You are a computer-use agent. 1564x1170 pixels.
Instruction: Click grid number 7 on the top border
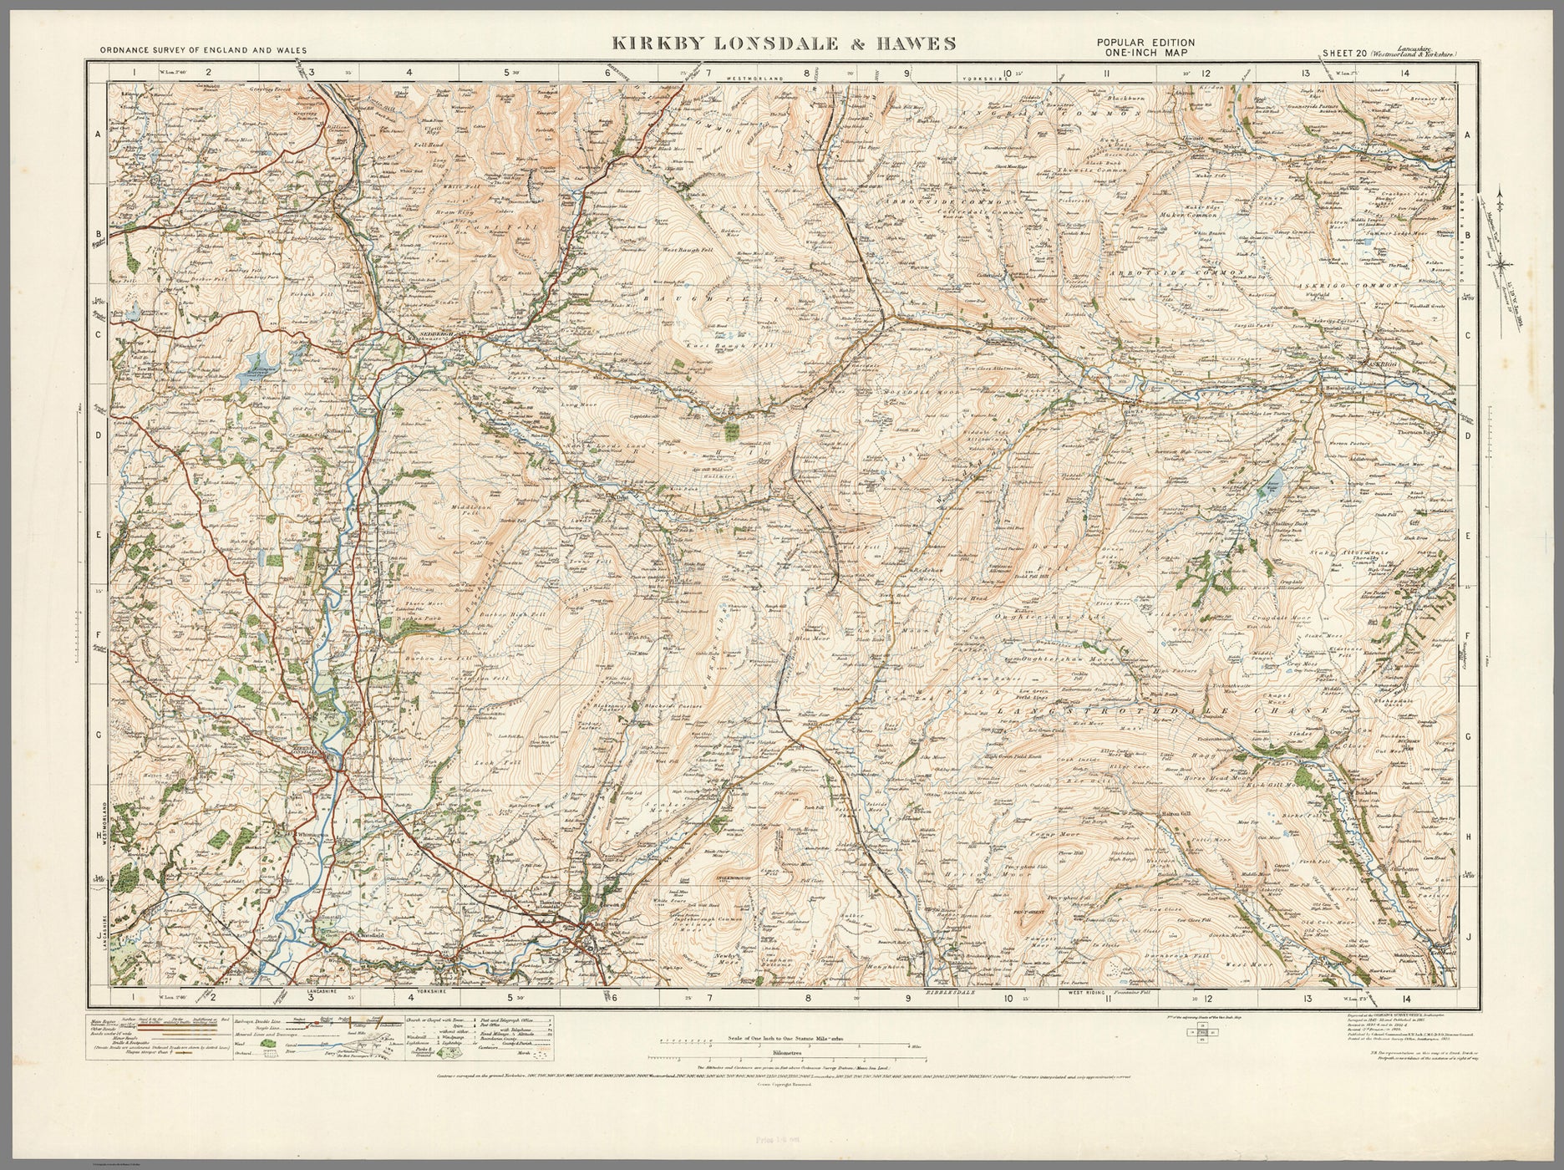click(x=708, y=73)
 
